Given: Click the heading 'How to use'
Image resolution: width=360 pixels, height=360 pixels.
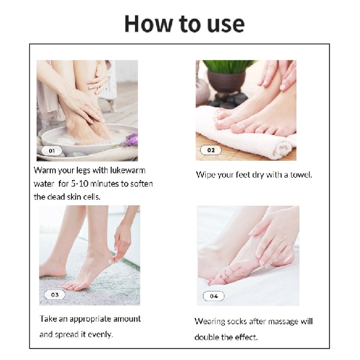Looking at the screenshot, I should pyautogui.click(x=184, y=23).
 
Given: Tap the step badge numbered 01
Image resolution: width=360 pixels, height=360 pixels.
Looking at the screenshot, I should pyautogui.click(x=51, y=151).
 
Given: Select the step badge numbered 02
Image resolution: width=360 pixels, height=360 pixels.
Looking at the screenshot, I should pyautogui.click(x=211, y=150).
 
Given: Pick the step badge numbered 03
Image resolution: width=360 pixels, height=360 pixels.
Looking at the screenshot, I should pyautogui.click(x=55, y=295).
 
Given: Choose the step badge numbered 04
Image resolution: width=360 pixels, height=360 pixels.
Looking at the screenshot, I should pyautogui.click(x=214, y=296).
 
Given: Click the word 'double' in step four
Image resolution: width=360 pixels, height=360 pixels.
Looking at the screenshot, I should pyautogui.click(x=208, y=337).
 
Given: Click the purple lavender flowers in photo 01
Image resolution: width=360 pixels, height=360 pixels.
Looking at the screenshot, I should pyautogui.click(x=131, y=139).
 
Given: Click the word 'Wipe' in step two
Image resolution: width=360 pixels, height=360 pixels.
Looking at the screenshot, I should pyautogui.click(x=206, y=175).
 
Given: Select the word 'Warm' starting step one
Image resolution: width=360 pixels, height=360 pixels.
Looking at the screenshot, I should pyautogui.click(x=46, y=170).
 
